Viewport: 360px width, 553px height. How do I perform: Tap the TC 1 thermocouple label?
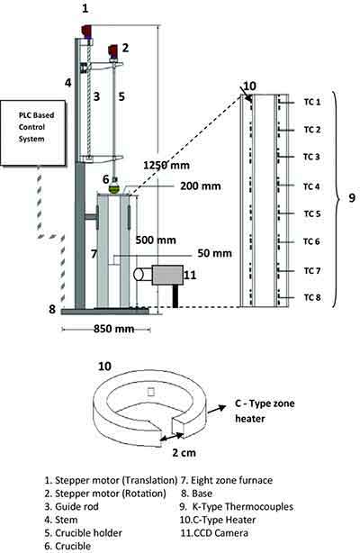[x=311, y=103]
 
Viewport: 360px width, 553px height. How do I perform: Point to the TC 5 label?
[x=311, y=214]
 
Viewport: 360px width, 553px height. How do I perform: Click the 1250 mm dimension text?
[x=166, y=166]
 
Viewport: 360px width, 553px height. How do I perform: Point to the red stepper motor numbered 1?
[x=86, y=32]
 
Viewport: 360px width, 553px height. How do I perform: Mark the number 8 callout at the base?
[x=51, y=309]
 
